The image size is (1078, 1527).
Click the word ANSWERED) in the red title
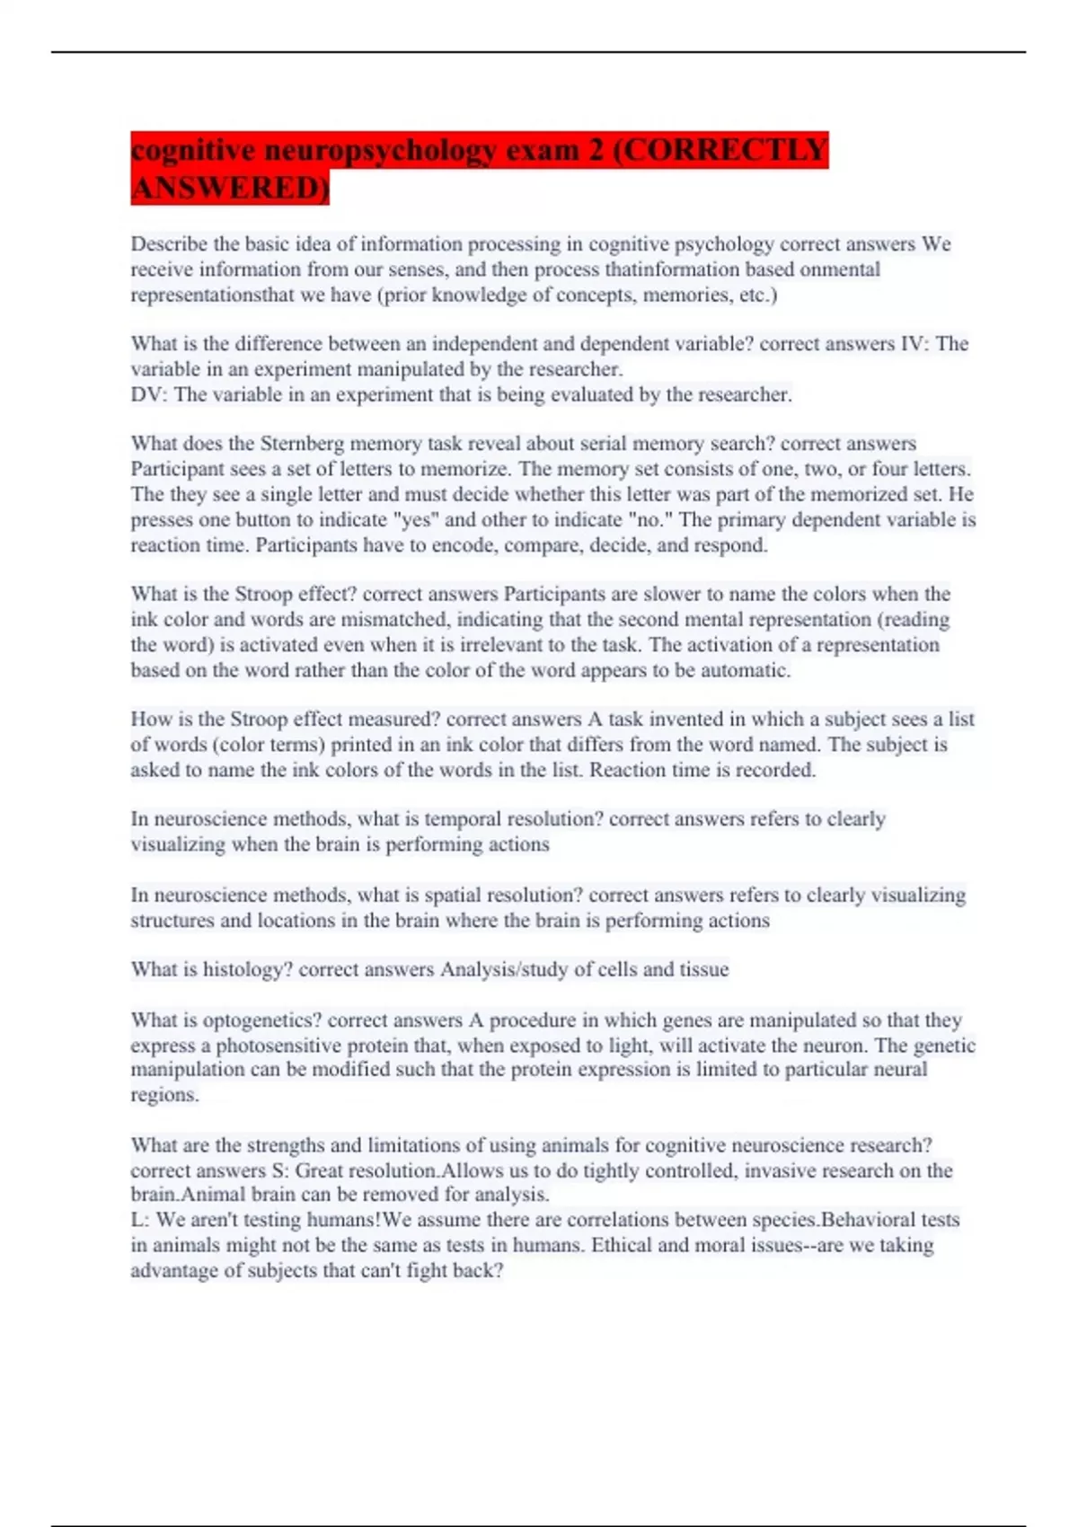[230, 188]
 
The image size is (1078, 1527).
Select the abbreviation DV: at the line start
[149, 394]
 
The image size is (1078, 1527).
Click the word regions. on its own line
[164, 1095]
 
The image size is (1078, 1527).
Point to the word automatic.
[745, 670]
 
